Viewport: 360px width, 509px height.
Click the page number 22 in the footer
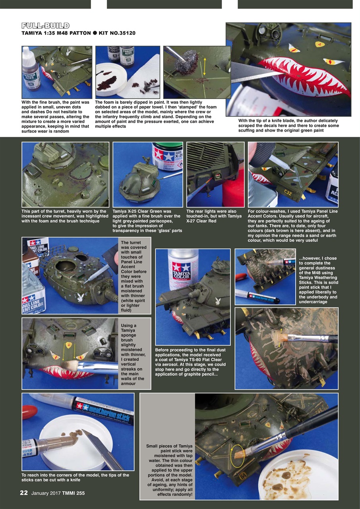pos(24,493)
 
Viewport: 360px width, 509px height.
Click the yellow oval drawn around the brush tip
pos(237,455)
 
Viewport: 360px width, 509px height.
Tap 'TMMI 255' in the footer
pos(74,493)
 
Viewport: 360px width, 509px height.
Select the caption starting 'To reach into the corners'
pos(75,478)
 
